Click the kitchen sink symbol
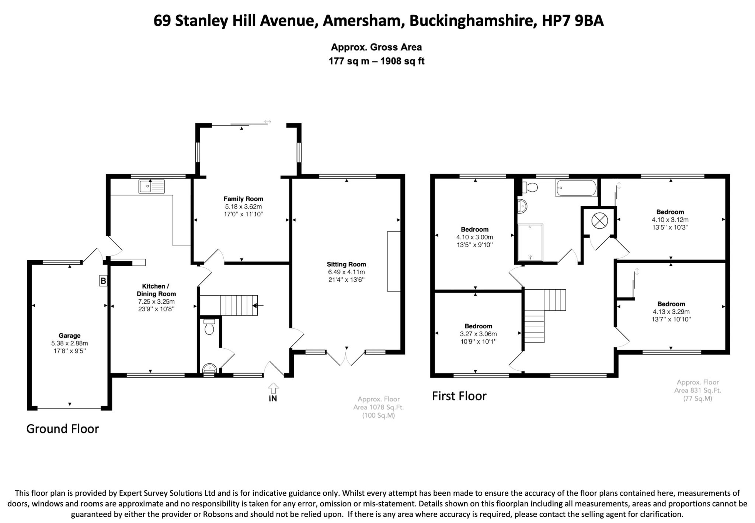[152, 186]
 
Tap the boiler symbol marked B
[103, 281]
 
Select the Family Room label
[243, 199]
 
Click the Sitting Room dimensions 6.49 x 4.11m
[346, 272]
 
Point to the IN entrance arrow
[273, 389]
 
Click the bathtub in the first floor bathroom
[576, 188]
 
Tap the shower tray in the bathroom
[530, 243]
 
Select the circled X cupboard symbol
[599, 221]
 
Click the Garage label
[69, 335]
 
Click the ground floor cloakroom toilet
[209, 327]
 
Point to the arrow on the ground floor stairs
[258, 306]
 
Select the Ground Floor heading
[63, 429]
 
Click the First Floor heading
[459, 396]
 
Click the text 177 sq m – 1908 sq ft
[376, 61]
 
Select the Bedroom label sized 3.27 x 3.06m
[478, 326]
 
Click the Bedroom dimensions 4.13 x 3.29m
[671, 312]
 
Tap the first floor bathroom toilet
[530, 188]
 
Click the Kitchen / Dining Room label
[156, 290]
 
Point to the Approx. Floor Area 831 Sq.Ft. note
[697, 390]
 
